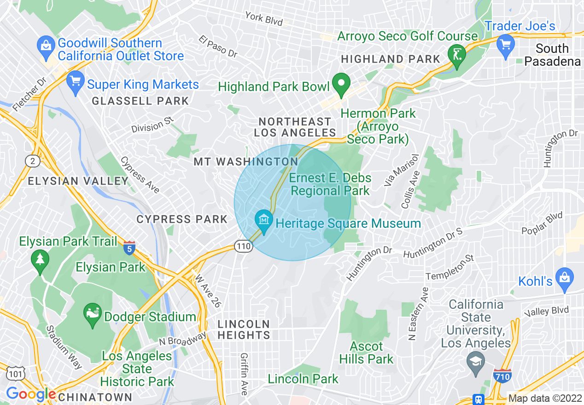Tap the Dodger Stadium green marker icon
tap(92, 314)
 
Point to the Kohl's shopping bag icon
tap(564, 278)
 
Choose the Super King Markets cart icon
tap(75, 81)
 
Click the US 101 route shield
tap(16, 374)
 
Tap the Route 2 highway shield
tap(32, 161)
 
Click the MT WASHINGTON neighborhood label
tap(245, 162)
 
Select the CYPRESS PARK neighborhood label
tap(182, 219)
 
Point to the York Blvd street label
tap(263, 18)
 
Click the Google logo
tap(31, 394)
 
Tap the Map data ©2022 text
tap(544, 399)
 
